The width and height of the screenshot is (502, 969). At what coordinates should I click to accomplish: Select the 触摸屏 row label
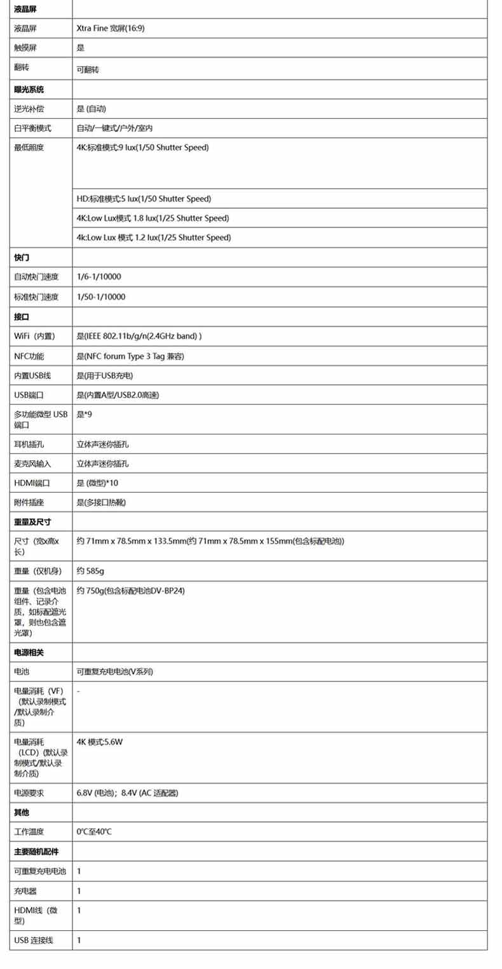click(x=25, y=48)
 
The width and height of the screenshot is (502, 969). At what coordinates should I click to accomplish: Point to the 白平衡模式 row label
click(x=32, y=128)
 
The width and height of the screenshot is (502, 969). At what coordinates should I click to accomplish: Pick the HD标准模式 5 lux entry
click(x=144, y=199)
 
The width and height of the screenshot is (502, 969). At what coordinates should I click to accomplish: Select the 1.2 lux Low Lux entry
click(x=153, y=238)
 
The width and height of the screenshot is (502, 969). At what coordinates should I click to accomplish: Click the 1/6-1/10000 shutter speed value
click(x=98, y=277)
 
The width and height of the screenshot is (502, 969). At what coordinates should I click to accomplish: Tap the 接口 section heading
click(x=22, y=316)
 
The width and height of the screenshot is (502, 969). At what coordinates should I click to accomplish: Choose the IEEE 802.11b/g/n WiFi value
click(x=139, y=336)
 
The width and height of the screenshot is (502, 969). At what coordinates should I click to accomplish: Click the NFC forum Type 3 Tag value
click(x=130, y=356)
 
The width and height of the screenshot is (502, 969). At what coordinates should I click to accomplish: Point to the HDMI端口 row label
click(x=30, y=483)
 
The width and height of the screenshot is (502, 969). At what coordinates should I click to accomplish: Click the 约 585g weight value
click(x=90, y=571)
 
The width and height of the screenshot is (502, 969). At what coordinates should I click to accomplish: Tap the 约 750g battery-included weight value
click(x=130, y=591)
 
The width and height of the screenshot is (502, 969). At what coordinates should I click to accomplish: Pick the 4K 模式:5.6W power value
click(x=99, y=742)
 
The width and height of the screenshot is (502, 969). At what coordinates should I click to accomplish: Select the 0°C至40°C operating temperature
click(x=94, y=832)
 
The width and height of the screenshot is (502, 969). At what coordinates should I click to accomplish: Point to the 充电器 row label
click(x=25, y=891)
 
